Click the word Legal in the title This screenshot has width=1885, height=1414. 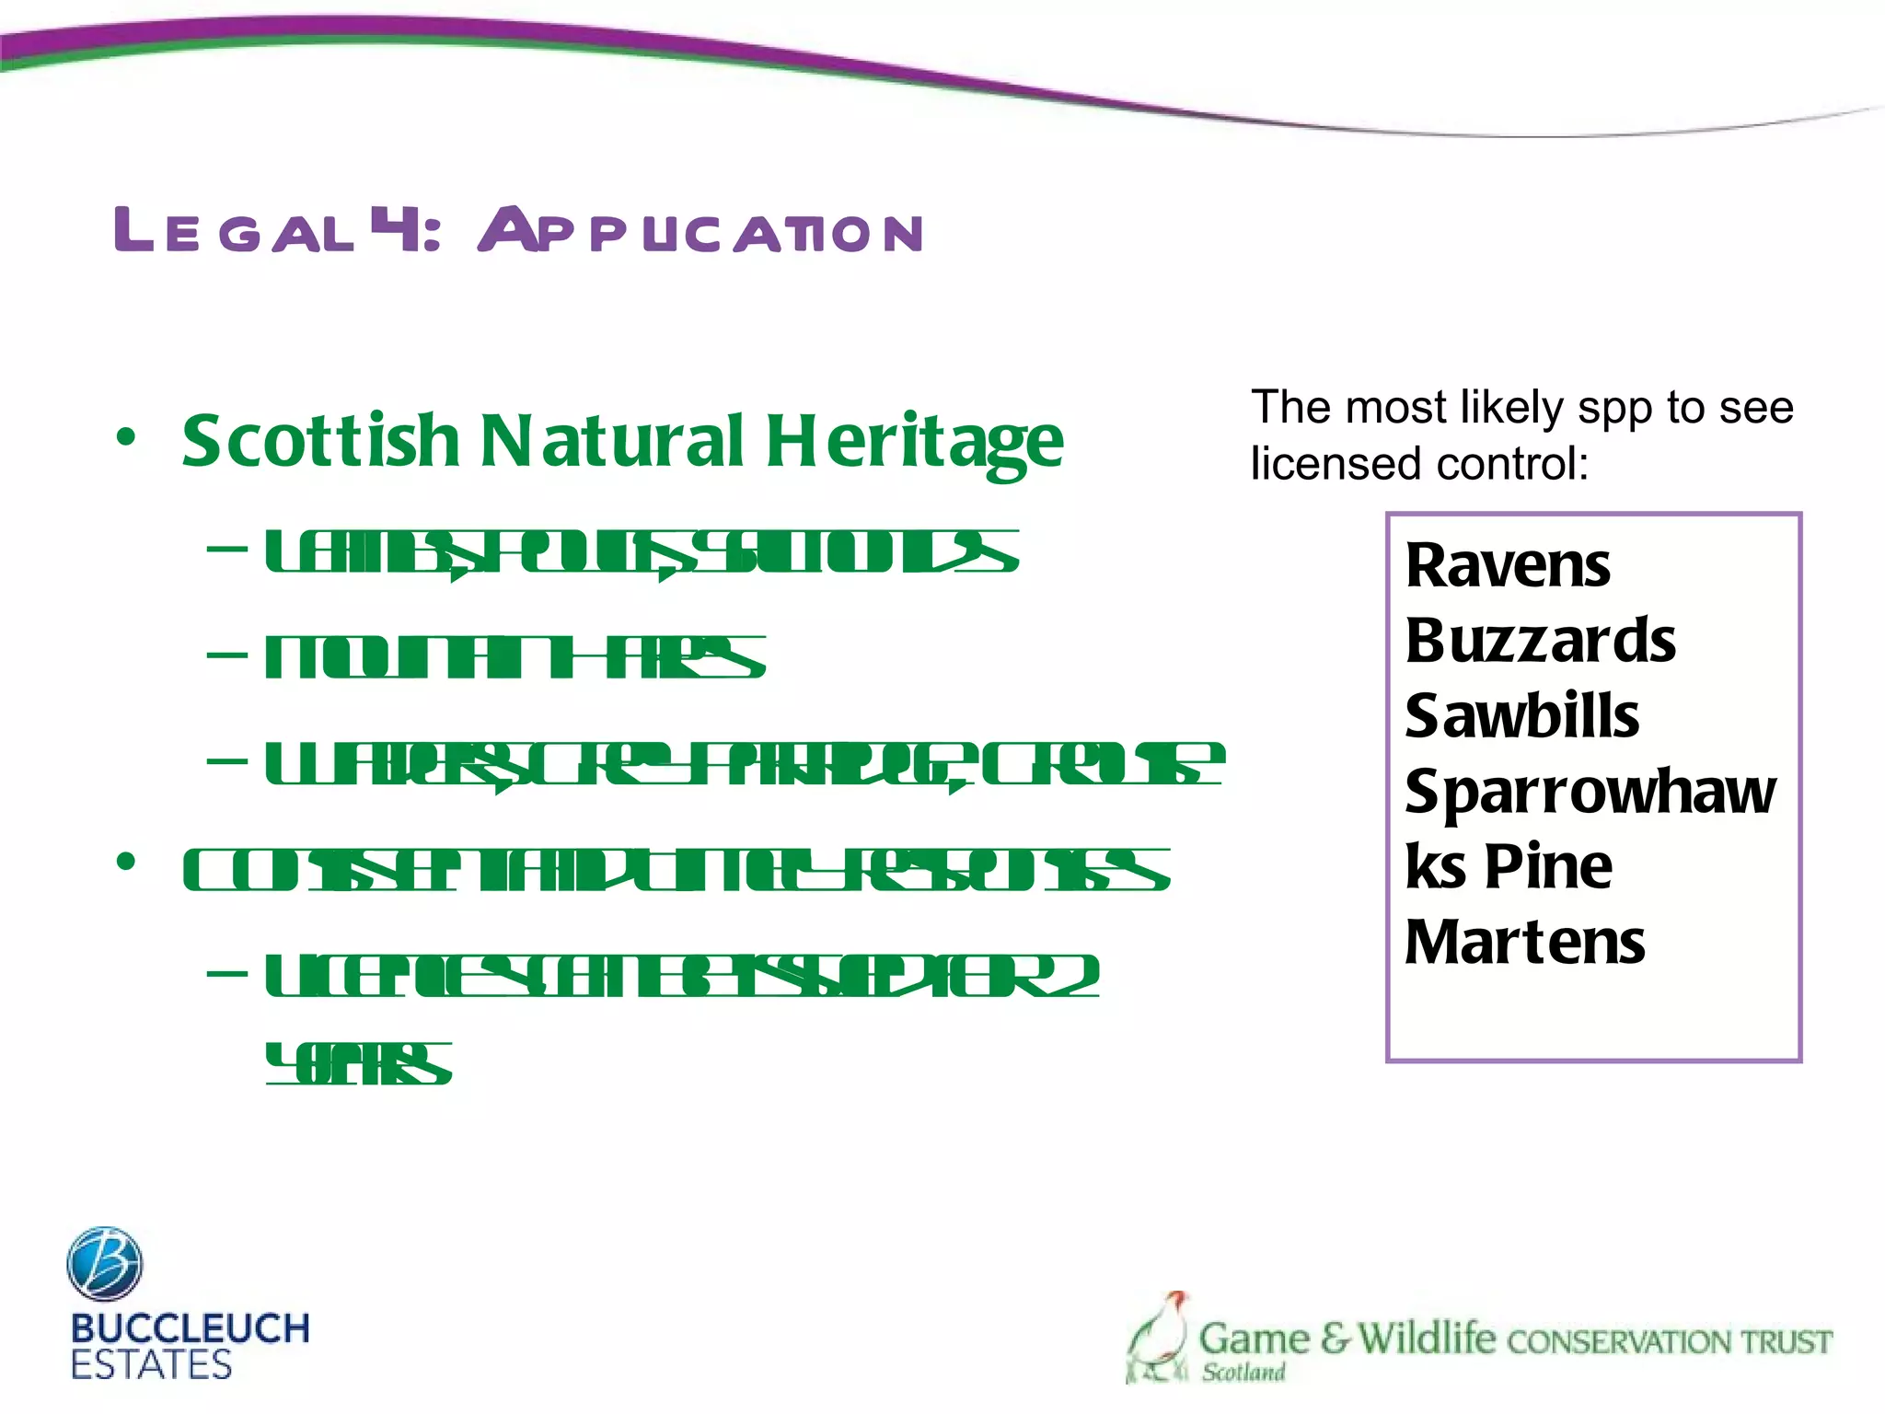click(234, 230)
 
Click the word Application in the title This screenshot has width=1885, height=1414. click(700, 230)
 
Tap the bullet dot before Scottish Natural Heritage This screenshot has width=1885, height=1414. click(126, 437)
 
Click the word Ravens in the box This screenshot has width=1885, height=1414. click(1508, 565)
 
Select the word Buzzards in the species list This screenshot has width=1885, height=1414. click(1540, 641)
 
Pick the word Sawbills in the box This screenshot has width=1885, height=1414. click(1521, 716)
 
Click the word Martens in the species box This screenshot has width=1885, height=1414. click(1524, 943)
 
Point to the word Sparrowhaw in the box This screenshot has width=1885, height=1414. click(1590, 792)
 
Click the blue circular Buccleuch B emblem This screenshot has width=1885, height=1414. click(105, 1263)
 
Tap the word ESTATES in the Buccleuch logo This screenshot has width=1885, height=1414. click(151, 1364)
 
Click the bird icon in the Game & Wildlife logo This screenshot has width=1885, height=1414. click(1158, 1335)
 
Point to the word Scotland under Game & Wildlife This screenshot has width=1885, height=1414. click(1243, 1373)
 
